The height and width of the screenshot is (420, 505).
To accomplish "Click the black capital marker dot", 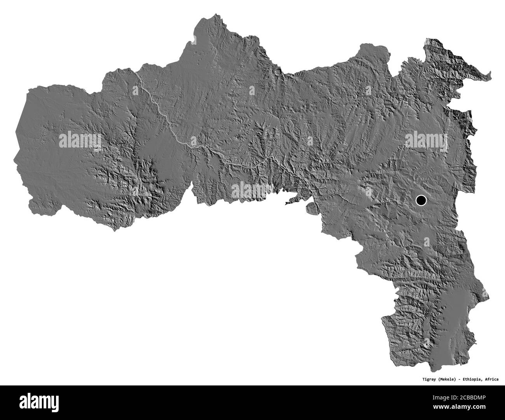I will (x=421, y=201).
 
